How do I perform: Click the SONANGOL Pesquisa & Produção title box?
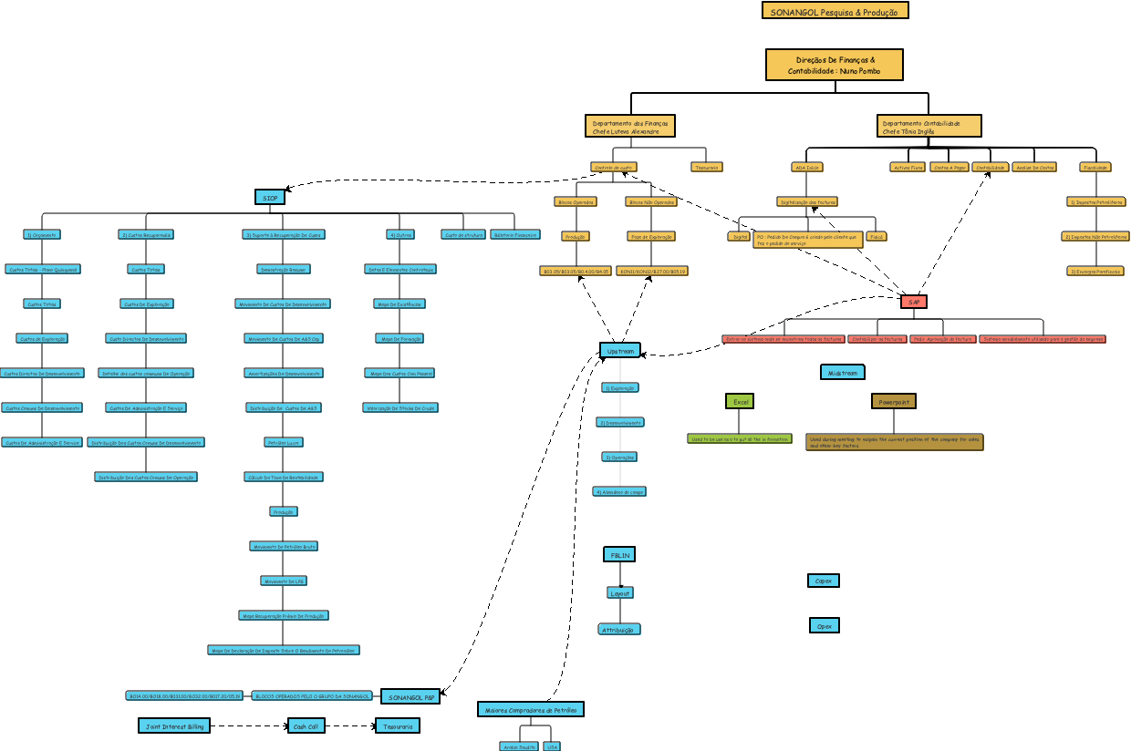point(835,11)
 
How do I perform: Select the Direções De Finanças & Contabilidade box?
point(835,65)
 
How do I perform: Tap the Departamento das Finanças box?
point(629,126)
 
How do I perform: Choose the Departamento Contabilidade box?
point(930,126)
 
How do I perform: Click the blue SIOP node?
point(269,197)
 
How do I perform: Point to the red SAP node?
point(913,301)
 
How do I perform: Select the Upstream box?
point(620,350)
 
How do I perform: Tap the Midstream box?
point(842,372)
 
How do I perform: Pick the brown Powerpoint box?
point(893,401)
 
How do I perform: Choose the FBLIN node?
point(619,554)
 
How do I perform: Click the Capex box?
point(823,581)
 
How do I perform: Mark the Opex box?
point(824,625)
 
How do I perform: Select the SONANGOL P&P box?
point(410,696)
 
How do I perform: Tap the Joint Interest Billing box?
point(174,725)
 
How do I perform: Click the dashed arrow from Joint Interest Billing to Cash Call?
point(248,726)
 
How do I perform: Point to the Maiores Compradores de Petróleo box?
point(530,709)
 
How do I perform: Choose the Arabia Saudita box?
point(519,746)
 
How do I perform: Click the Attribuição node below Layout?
point(619,630)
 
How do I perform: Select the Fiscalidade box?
point(1095,167)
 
